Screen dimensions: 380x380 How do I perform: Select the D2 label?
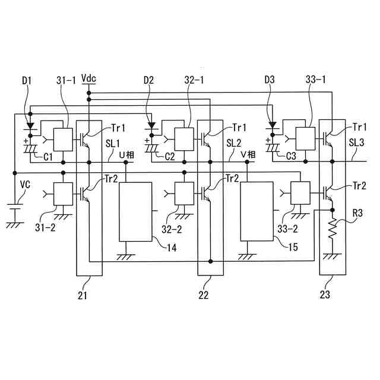149,79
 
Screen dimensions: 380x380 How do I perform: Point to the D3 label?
271,79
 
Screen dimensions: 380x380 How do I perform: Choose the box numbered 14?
135,211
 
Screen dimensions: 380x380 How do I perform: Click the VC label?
24,185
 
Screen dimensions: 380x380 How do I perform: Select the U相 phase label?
126,154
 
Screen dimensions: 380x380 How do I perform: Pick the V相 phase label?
248,154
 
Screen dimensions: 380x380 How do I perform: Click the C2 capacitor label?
170,157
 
